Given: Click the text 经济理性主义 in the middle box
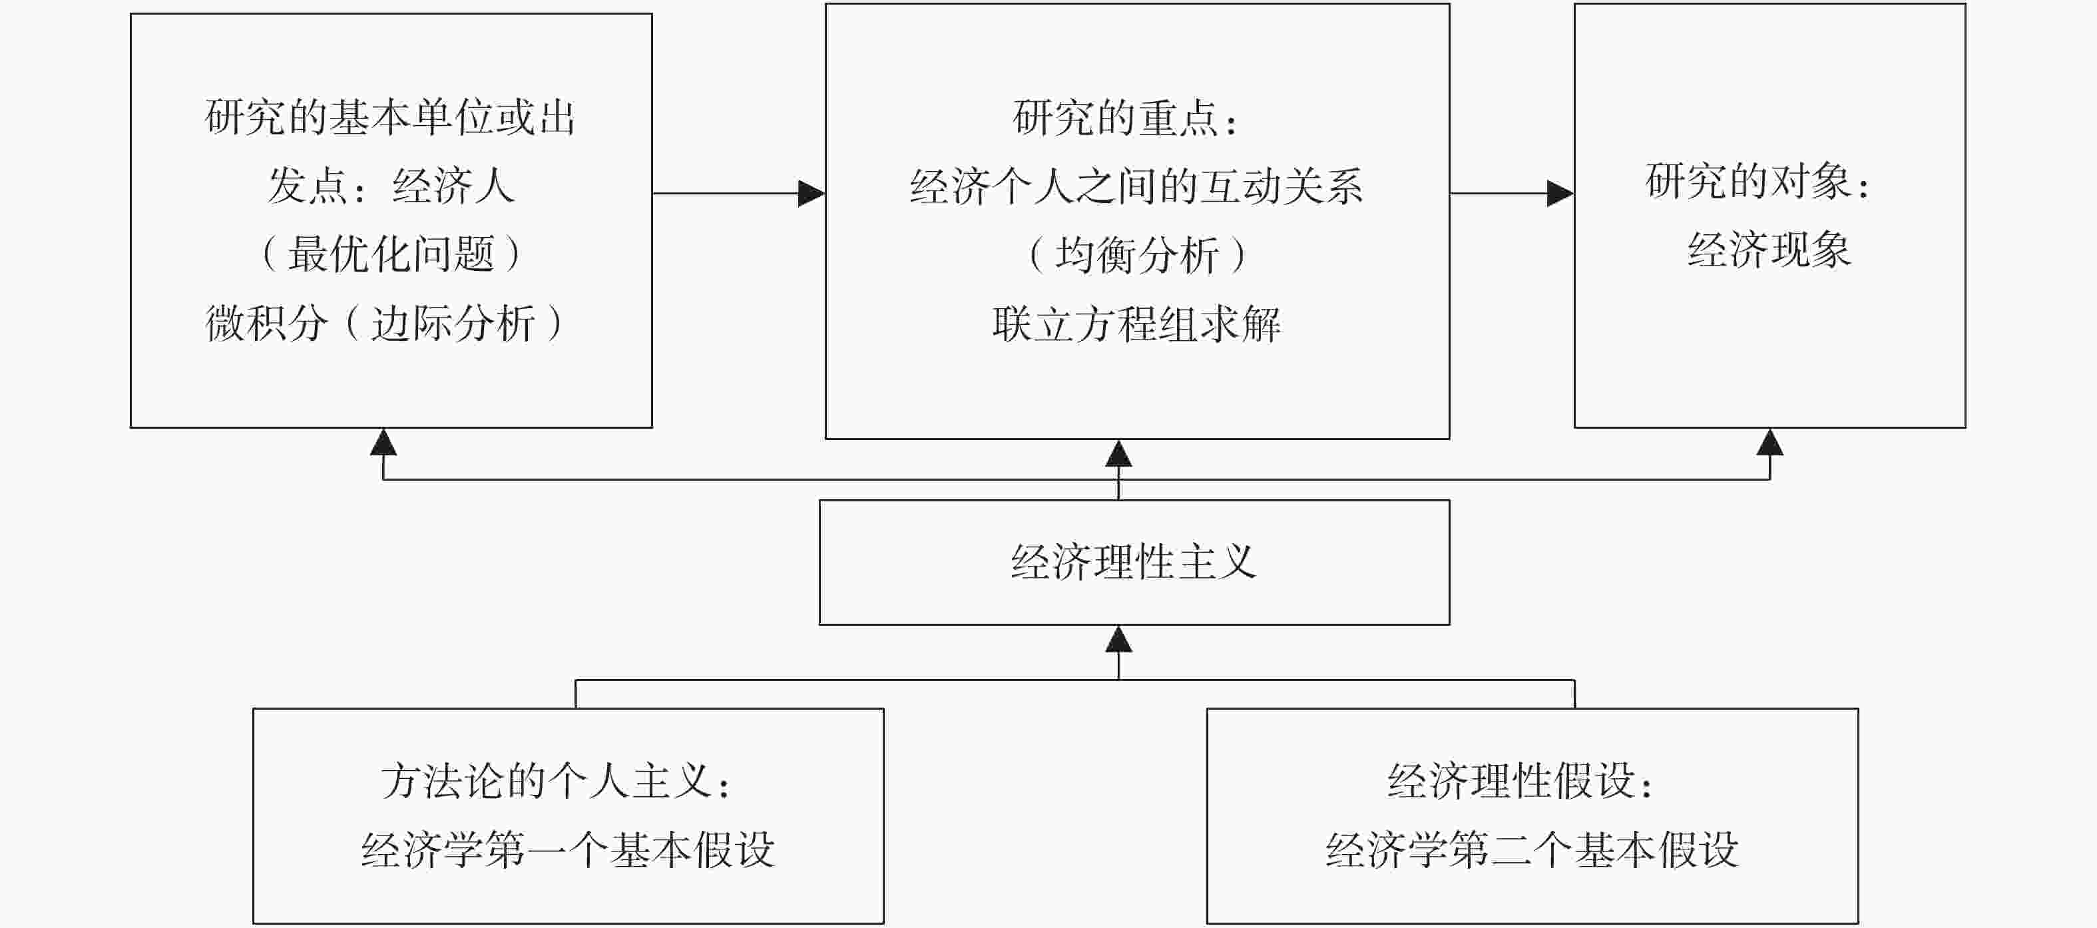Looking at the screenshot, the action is point(1134,563).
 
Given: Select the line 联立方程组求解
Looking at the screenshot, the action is point(1136,324).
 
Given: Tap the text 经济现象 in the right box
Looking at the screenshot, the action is point(1769,250).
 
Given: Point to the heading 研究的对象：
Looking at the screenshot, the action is point(1758,180).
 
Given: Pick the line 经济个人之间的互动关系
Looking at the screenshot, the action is point(1136,186).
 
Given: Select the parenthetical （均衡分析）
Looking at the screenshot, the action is point(1136,255).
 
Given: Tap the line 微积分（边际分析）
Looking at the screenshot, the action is point(384,322).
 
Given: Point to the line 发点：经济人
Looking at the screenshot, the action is point(391,186).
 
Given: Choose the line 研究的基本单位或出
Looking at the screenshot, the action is point(391,117).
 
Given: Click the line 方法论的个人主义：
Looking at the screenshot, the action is point(557,782).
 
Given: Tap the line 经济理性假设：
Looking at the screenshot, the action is point(1521,782).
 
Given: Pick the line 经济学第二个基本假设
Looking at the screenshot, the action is point(1532,851).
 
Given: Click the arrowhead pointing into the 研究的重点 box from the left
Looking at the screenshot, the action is point(812,194).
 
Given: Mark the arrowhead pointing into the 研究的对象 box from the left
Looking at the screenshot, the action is point(1560,194).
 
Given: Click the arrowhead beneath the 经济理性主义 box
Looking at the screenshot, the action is point(1118,639).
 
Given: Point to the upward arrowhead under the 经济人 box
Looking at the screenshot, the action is point(383,442).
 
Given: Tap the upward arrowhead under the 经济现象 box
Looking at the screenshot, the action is point(1769,442).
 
